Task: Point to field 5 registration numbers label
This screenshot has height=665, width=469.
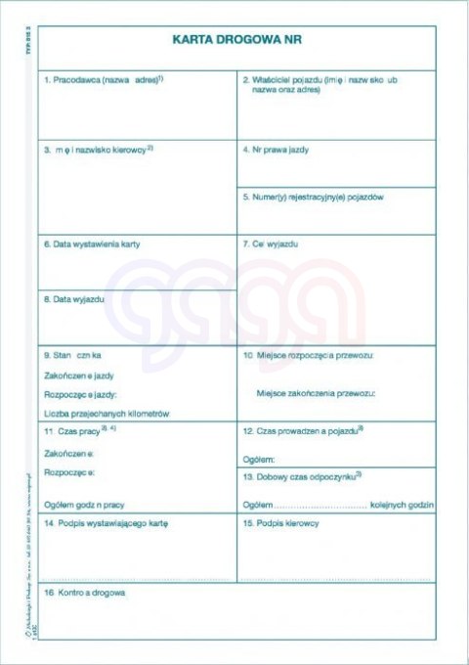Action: pyautogui.click(x=313, y=197)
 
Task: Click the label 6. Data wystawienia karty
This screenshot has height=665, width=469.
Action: pyautogui.click(x=92, y=244)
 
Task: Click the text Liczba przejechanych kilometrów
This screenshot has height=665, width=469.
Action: pyautogui.click(x=107, y=414)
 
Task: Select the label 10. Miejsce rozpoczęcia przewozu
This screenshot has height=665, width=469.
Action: pyautogui.click(x=309, y=354)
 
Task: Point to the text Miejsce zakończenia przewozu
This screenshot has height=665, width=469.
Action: pyautogui.click(x=315, y=393)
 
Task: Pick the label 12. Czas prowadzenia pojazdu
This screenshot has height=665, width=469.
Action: pyautogui.click(x=303, y=429)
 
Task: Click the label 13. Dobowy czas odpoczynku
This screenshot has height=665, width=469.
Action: pyautogui.click(x=302, y=474)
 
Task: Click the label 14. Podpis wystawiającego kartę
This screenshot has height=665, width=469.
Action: pyautogui.click(x=107, y=523)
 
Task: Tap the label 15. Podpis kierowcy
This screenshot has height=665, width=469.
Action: pyautogui.click(x=281, y=523)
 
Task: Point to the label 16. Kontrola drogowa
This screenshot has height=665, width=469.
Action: pyautogui.click(x=85, y=593)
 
